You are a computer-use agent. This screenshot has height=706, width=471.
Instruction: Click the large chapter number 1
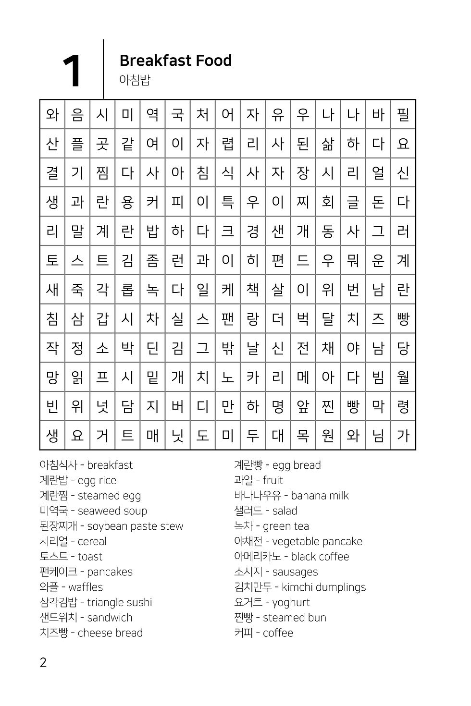click(x=72, y=71)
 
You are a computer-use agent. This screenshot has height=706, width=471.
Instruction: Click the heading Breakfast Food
click(x=175, y=61)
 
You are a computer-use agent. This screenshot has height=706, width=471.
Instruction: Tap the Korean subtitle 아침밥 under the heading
click(x=135, y=80)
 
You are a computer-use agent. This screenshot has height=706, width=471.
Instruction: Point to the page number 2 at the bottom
click(x=43, y=663)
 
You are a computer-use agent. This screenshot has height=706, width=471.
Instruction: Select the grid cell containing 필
click(x=403, y=114)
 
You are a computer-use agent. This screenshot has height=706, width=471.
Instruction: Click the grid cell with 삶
click(x=328, y=144)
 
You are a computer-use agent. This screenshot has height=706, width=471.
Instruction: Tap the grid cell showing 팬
click(x=228, y=319)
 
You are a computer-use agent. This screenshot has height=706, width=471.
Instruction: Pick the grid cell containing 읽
click(x=77, y=377)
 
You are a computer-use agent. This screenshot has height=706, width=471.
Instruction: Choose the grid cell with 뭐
click(x=353, y=260)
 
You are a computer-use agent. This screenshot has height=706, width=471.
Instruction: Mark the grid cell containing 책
click(x=253, y=290)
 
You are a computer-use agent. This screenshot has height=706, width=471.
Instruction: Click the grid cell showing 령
click(x=403, y=406)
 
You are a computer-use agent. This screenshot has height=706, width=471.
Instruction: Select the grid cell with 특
click(x=228, y=202)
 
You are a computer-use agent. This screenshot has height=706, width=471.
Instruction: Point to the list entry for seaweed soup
click(x=93, y=511)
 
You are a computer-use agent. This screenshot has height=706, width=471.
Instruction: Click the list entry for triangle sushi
click(x=96, y=602)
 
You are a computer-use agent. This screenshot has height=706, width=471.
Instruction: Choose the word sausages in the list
click(x=295, y=572)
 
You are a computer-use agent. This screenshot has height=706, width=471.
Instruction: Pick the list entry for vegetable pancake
click(x=298, y=541)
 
